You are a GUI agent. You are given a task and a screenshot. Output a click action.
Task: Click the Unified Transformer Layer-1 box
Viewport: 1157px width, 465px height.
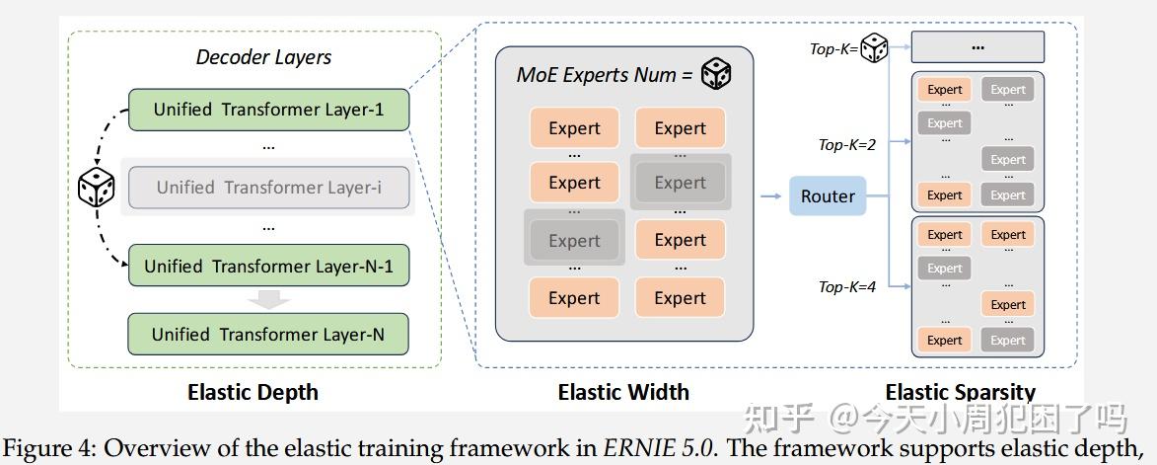click(268, 110)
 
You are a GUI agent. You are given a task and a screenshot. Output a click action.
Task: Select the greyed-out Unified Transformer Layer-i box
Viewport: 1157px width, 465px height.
click(268, 187)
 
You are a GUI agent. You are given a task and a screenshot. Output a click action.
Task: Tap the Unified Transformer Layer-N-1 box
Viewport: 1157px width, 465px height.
click(268, 266)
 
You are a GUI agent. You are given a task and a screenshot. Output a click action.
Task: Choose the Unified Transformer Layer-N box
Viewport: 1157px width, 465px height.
click(268, 335)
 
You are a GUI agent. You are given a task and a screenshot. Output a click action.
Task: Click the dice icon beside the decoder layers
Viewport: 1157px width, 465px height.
click(97, 188)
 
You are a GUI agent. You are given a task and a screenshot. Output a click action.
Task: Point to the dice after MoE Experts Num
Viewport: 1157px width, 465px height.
click(715, 74)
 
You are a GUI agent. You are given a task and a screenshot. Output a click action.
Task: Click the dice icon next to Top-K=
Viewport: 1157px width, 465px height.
click(875, 47)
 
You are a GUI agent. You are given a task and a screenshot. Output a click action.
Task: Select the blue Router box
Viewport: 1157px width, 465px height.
click(828, 196)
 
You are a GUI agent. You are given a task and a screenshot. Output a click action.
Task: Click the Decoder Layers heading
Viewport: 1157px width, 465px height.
click(263, 57)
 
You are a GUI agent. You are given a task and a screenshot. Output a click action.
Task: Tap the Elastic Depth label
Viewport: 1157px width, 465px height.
click(253, 392)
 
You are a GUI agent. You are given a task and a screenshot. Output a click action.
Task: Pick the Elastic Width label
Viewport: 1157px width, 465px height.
click(623, 392)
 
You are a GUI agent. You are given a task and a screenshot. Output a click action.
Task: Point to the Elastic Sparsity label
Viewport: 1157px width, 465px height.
click(960, 393)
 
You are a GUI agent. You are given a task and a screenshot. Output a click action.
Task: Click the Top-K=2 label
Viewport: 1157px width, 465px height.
click(847, 144)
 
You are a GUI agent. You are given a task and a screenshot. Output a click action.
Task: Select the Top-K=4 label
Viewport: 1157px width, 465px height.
click(847, 287)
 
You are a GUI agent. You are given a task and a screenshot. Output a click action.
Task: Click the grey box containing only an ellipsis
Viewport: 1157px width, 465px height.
click(977, 46)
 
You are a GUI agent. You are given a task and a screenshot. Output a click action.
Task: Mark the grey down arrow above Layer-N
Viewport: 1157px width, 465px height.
click(268, 298)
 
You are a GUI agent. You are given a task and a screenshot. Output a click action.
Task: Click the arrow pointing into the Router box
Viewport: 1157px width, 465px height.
click(770, 196)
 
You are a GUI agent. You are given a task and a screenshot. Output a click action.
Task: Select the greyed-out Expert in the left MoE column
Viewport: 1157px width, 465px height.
click(574, 240)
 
